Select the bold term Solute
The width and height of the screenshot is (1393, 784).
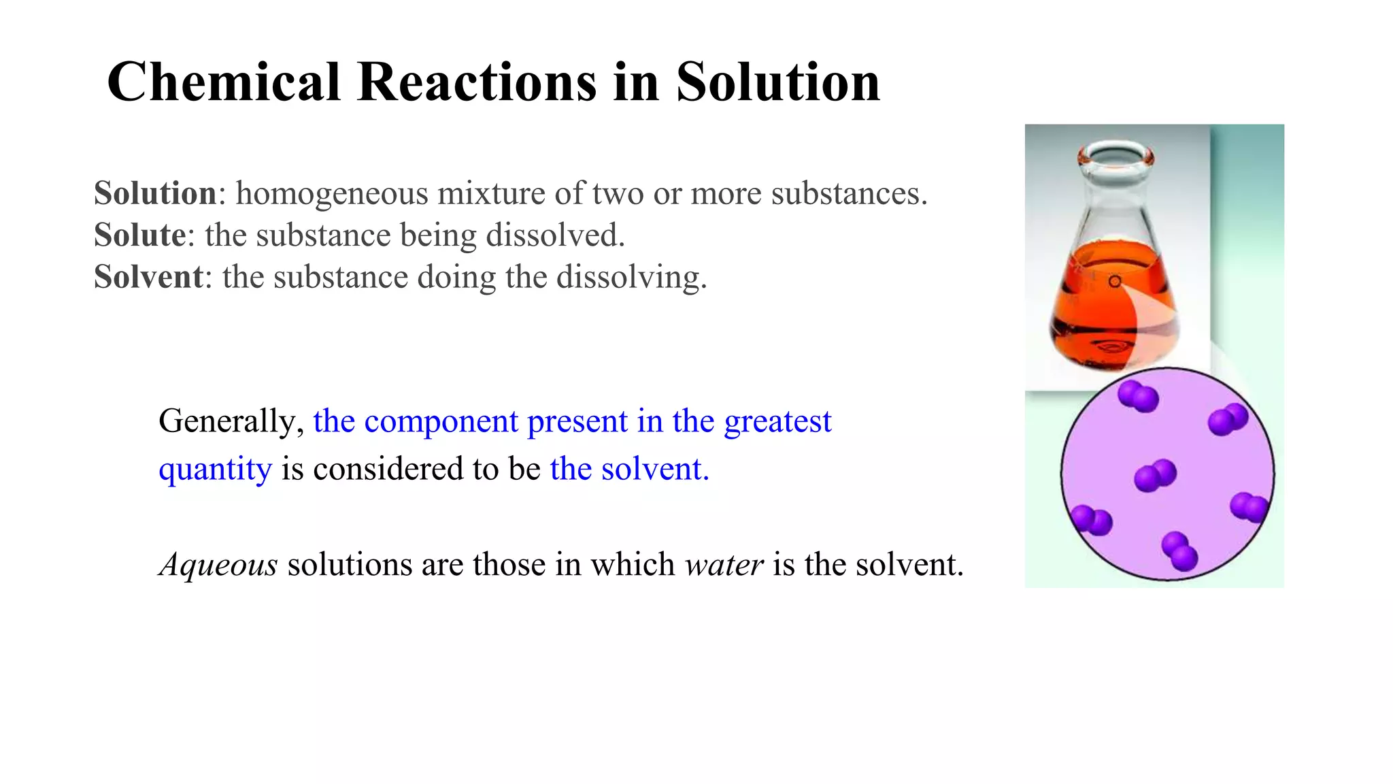[139, 235]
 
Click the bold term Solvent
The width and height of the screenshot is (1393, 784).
[148, 277]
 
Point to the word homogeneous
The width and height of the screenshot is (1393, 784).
[331, 194]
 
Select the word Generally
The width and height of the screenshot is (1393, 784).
[231, 422]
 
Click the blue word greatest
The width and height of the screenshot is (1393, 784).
[777, 422]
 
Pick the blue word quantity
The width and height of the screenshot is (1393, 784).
[215, 470]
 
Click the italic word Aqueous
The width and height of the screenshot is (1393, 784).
[218, 565]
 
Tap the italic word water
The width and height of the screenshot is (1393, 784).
[724, 565]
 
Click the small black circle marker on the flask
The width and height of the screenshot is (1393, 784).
[1114, 281]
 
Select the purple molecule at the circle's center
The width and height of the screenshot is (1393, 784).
[1155, 474]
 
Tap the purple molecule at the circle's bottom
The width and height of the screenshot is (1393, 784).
[1179, 551]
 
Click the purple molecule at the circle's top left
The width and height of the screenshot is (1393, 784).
[1137, 396]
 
